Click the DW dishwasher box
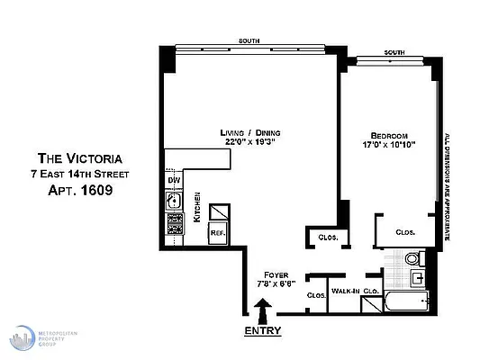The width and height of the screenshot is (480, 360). pos(173,180)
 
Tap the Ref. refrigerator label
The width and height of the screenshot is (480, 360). pos(217,232)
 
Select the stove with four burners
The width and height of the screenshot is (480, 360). pos(173,220)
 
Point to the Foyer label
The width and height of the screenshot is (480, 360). pos(275,274)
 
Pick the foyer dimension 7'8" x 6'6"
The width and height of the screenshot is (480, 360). pos(275,283)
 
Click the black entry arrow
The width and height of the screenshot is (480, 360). pos(263,312)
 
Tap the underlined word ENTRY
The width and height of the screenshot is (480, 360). pos(263,330)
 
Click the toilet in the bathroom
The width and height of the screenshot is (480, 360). pos(412,260)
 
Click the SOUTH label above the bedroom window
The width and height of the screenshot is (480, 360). pos(394,53)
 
